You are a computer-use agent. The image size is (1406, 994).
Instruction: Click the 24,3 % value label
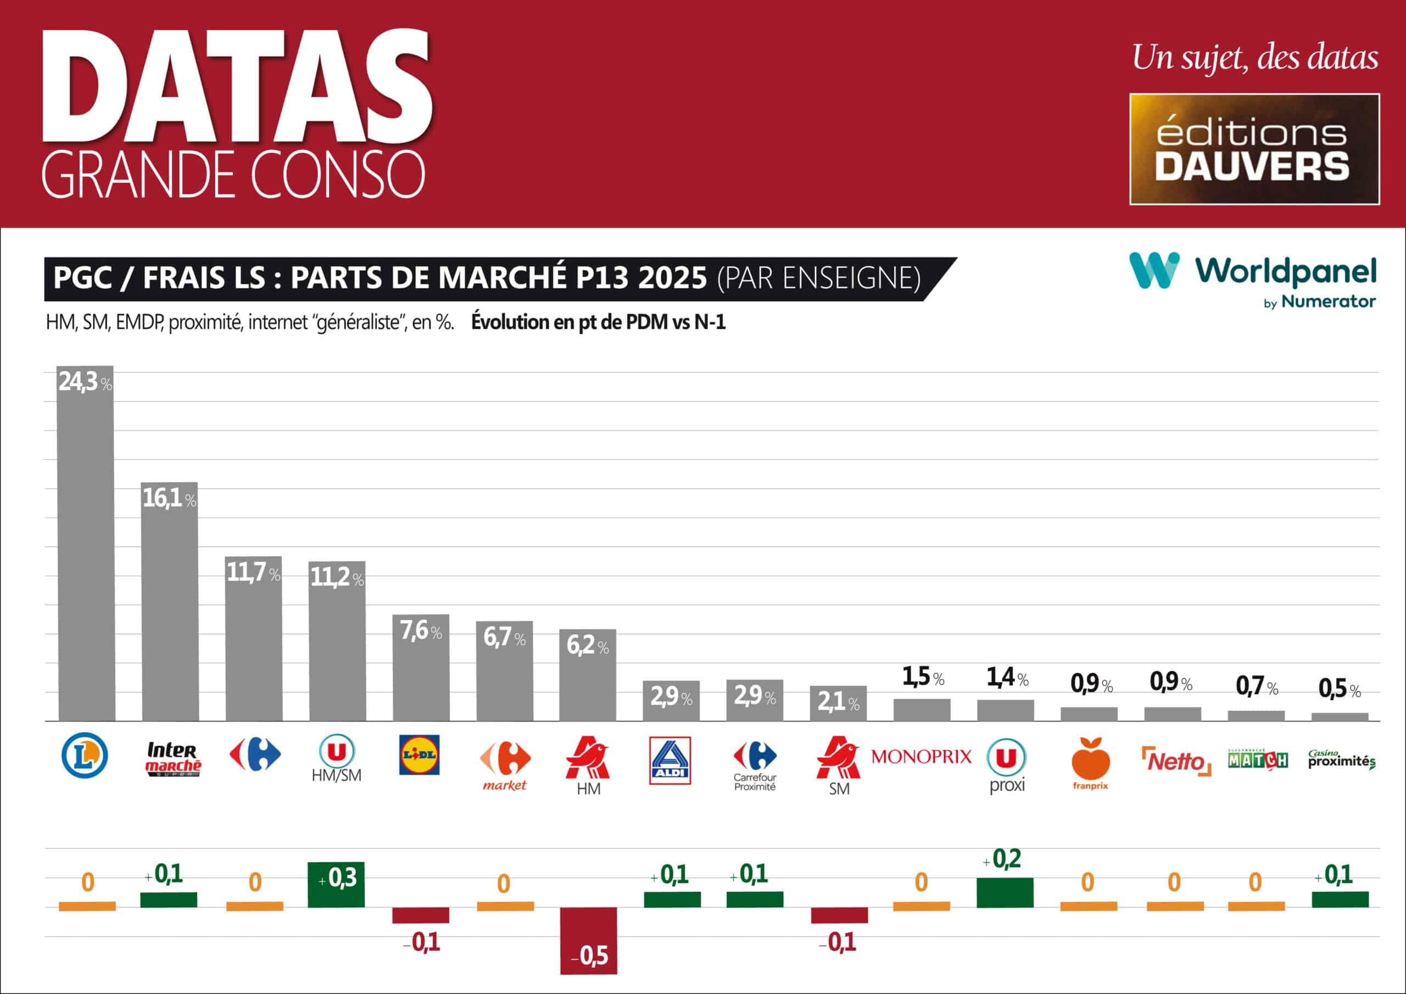pyautogui.click(x=85, y=382)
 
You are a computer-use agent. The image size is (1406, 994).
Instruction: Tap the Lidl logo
pyautogui.click(x=420, y=755)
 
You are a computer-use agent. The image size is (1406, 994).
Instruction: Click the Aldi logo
pyautogui.click(x=670, y=760)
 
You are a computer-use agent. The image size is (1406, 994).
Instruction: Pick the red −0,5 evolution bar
pyautogui.click(x=588, y=940)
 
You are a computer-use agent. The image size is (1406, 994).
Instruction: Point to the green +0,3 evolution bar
pyautogui.click(x=336, y=884)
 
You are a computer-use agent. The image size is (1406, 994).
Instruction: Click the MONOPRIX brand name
pyautogui.click(x=921, y=757)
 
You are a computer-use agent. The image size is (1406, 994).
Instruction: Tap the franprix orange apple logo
pyautogui.click(x=1090, y=760)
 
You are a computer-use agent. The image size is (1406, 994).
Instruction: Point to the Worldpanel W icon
pyautogui.click(x=1154, y=270)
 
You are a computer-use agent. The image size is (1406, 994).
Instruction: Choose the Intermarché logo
pyautogui.click(x=172, y=759)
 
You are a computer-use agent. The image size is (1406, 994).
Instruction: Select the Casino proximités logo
pyautogui.click(x=1341, y=760)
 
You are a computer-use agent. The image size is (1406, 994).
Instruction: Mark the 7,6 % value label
pyautogui.click(x=421, y=630)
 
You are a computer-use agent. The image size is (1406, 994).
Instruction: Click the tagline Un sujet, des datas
pyautogui.click(x=1255, y=58)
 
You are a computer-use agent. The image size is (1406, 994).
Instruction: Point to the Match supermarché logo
pyautogui.click(x=1258, y=760)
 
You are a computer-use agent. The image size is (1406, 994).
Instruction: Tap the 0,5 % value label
pyautogui.click(x=1339, y=690)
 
